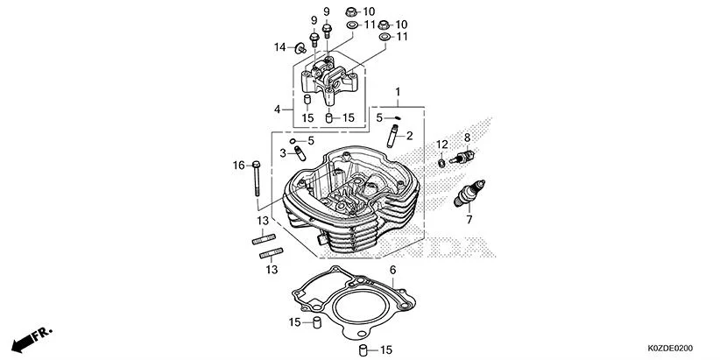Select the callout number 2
coord(409,135)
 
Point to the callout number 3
coord(283,153)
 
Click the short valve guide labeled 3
coord(299,154)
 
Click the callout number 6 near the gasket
coord(392,270)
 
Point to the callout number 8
coord(467,138)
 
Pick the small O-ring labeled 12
coord(441,162)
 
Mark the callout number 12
coord(442,144)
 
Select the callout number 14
coord(279,46)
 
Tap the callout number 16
coord(237,165)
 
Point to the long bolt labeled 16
coord(255,181)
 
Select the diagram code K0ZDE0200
coord(676,349)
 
